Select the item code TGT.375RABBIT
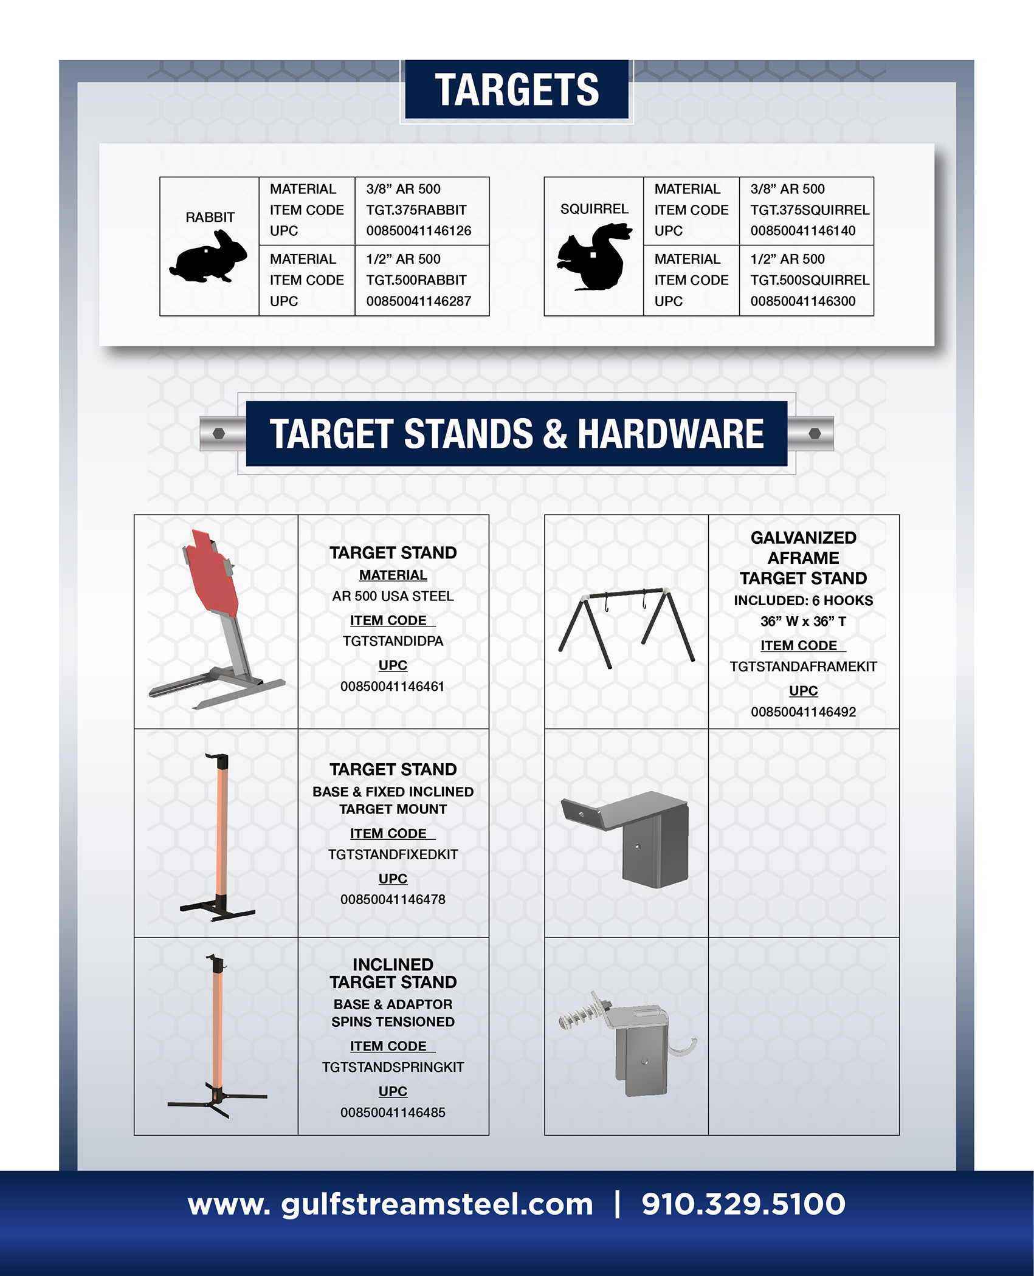(416, 210)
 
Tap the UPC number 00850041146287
(419, 301)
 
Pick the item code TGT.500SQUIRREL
(810, 280)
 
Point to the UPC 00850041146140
(803, 231)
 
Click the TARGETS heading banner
(517, 89)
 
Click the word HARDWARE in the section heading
(670, 434)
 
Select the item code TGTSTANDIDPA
(393, 641)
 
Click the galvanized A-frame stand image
(626, 628)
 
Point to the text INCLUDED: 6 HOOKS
(804, 600)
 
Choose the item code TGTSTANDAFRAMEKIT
(804, 667)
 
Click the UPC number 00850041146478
(393, 899)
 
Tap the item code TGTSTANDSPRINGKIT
(393, 1067)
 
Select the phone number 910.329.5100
(743, 1204)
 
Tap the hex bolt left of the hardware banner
(219, 434)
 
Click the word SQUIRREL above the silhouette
(595, 209)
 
